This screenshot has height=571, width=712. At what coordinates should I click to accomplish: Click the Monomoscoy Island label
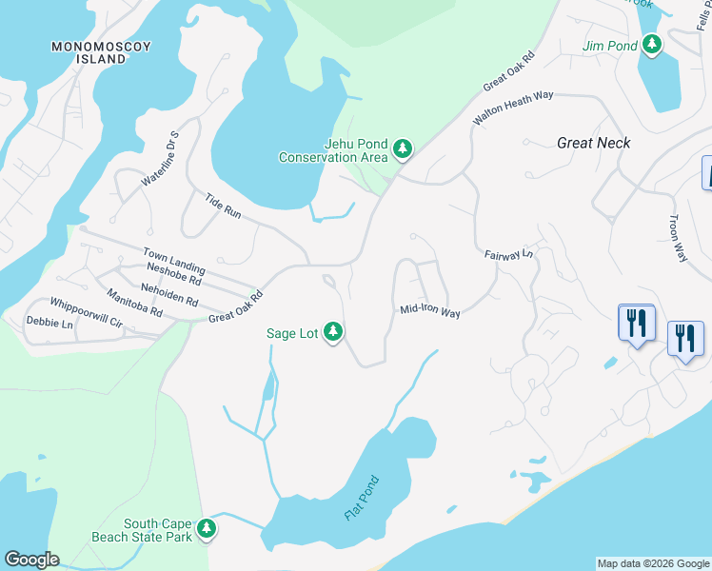89,52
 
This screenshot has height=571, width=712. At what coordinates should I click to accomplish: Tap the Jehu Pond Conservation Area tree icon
403,148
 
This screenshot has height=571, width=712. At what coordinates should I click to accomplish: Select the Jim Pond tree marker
652,44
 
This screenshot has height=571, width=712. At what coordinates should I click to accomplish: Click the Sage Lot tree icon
332,332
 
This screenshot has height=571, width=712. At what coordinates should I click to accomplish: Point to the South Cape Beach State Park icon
206,529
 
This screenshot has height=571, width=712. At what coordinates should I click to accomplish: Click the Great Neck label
594,143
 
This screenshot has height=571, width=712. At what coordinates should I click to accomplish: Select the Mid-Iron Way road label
430,310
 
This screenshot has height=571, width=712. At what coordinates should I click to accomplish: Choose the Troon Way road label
677,237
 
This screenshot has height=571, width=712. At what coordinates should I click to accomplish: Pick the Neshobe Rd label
170,276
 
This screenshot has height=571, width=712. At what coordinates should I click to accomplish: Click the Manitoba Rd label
134,304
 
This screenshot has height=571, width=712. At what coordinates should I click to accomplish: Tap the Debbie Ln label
49,324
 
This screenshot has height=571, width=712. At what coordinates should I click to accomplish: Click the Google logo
31,560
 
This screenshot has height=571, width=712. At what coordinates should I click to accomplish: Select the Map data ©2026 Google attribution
652,563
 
